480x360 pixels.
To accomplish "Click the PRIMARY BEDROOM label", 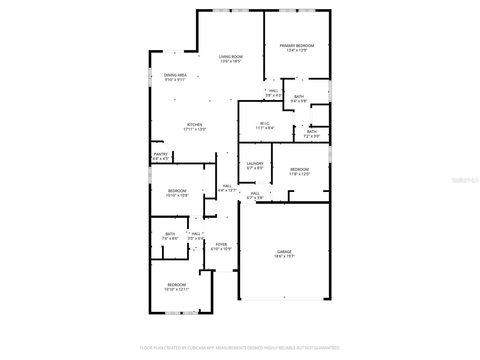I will pos(297,46).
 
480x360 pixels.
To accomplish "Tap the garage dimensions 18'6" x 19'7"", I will pos(284,256).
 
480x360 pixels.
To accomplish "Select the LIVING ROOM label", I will pos(231,57).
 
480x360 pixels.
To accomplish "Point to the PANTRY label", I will pos(161,154).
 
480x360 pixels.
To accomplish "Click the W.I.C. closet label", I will pos(265,123).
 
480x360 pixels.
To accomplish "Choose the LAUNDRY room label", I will pos(255,164).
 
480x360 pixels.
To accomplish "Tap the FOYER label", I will pos(221,244).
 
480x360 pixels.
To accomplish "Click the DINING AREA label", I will pos(175,75).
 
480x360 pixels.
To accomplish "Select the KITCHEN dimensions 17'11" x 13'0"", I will pos(195,129).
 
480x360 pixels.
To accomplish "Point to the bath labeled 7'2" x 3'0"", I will pos(311,134).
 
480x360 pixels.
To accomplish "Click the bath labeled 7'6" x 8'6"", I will pos(170,236).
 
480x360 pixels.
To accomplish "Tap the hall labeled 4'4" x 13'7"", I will pos(227,188).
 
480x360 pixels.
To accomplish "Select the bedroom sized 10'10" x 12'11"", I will pos(176,287).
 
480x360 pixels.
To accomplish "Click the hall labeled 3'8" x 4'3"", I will pos(274,93).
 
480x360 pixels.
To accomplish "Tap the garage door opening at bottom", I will pos(282,299).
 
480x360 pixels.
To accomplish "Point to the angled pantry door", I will pos(168,146).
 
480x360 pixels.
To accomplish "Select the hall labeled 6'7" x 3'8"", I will pos(255,196).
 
